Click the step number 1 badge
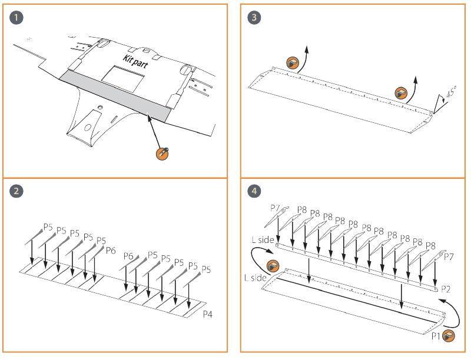(18, 17)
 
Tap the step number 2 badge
(18, 191)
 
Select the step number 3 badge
(254, 17)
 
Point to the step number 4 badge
(254, 191)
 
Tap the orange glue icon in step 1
(162, 153)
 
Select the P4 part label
(207, 315)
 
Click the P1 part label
(435, 336)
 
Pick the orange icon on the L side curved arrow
(273, 265)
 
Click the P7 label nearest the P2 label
(449, 256)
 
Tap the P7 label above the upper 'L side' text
(275, 209)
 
